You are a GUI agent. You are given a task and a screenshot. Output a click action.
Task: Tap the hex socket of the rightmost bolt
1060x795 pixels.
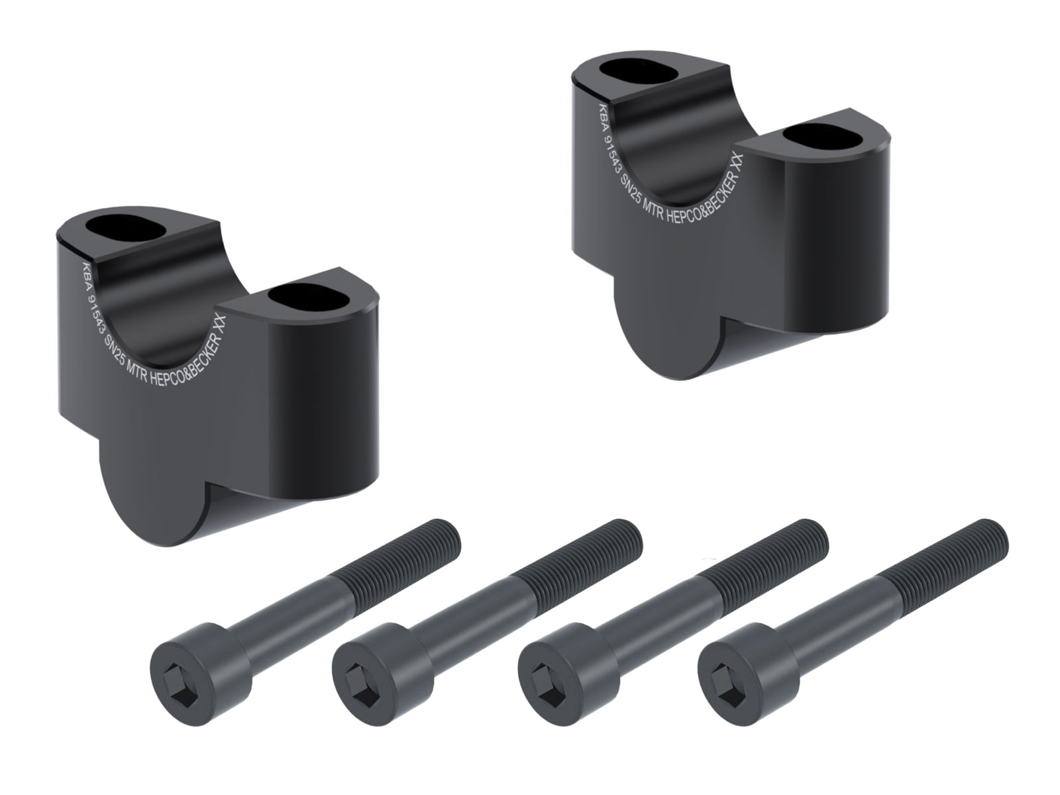click(725, 669)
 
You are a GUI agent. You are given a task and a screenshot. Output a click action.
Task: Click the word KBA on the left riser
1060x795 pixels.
click(85, 274)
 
